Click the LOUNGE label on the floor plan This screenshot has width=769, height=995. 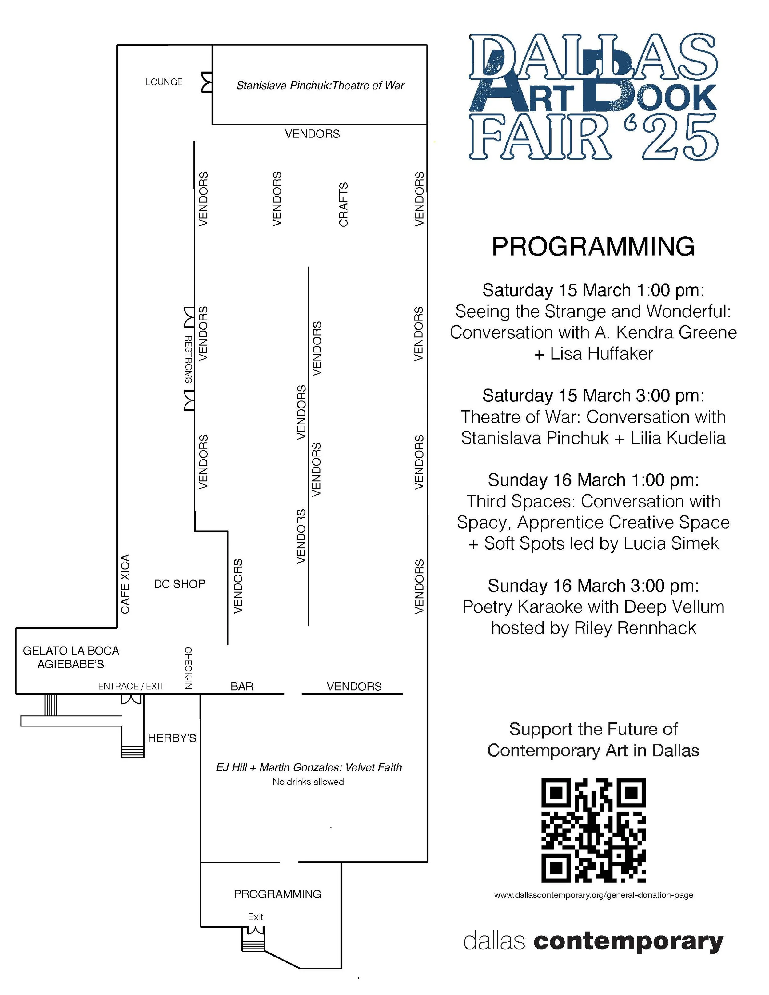pyautogui.click(x=164, y=82)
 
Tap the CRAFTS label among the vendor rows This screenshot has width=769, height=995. pyautogui.click(x=344, y=204)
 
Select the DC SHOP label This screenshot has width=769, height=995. pyautogui.click(x=180, y=583)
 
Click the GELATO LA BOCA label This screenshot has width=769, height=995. pyautogui.click(x=71, y=651)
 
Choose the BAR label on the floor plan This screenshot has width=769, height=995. pyautogui.click(x=241, y=686)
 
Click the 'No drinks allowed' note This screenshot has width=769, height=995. pyautogui.click(x=308, y=782)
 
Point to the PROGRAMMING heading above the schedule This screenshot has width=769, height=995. pyautogui.click(x=593, y=246)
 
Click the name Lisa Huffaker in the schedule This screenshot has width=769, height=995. pyautogui.click(x=601, y=353)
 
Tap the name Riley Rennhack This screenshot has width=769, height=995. pyautogui.click(x=635, y=628)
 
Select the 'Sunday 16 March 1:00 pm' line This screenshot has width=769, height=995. pyautogui.click(x=593, y=480)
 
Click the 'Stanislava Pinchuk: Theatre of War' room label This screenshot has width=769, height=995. pyautogui.click(x=320, y=86)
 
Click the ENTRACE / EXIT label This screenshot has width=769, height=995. pyautogui.click(x=131, y=686)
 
